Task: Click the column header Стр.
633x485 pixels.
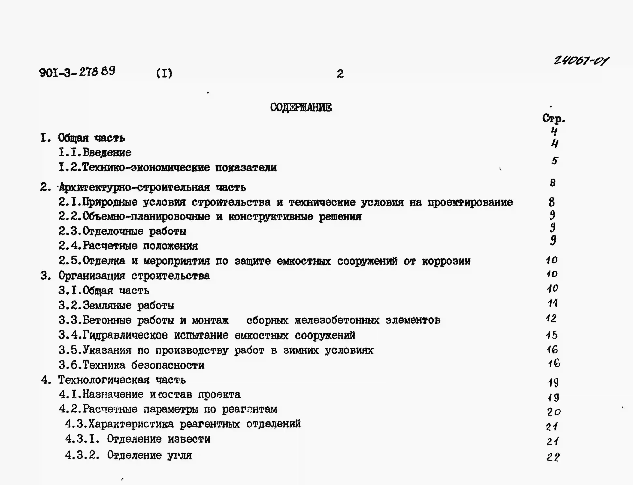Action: point(553,118)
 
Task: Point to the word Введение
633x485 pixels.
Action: point(107,152)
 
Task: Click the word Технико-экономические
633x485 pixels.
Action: point(146,167)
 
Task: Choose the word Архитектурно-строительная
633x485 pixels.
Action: point(134,188)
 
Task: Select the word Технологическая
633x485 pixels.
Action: point(104,380)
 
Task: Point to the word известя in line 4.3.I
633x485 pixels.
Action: point(189,439)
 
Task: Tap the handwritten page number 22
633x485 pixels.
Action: point(553,457)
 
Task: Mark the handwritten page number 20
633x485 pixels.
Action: point(553,412)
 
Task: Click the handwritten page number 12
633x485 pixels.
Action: point(551,318)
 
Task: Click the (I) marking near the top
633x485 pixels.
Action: point(164,73)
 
